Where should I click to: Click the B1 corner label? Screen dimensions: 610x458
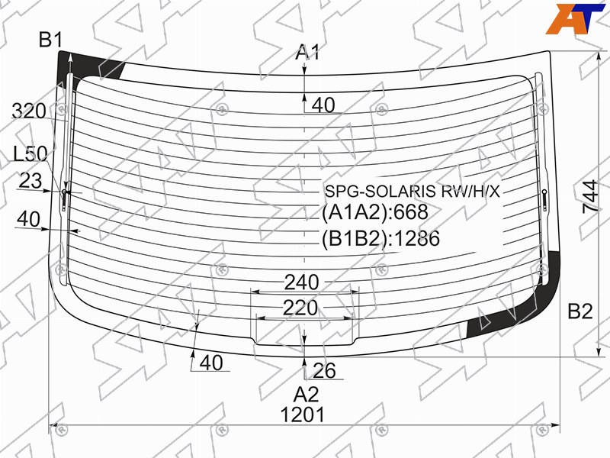click(x=50, y=40)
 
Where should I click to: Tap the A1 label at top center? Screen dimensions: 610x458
click(x=307, y=52)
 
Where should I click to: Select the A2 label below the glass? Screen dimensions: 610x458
click(x=307, y=395)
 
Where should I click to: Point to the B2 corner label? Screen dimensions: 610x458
click(x=580, y=311)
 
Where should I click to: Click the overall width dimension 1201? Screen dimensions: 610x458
click(x=302, y=414)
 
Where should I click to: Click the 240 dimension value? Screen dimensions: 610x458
click(x=301, y=282)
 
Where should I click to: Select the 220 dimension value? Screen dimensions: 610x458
click(x=300, y=308)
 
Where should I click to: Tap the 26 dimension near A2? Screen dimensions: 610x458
click(x=324, y=371)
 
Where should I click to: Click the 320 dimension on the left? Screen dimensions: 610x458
click(x=29, y=111)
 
